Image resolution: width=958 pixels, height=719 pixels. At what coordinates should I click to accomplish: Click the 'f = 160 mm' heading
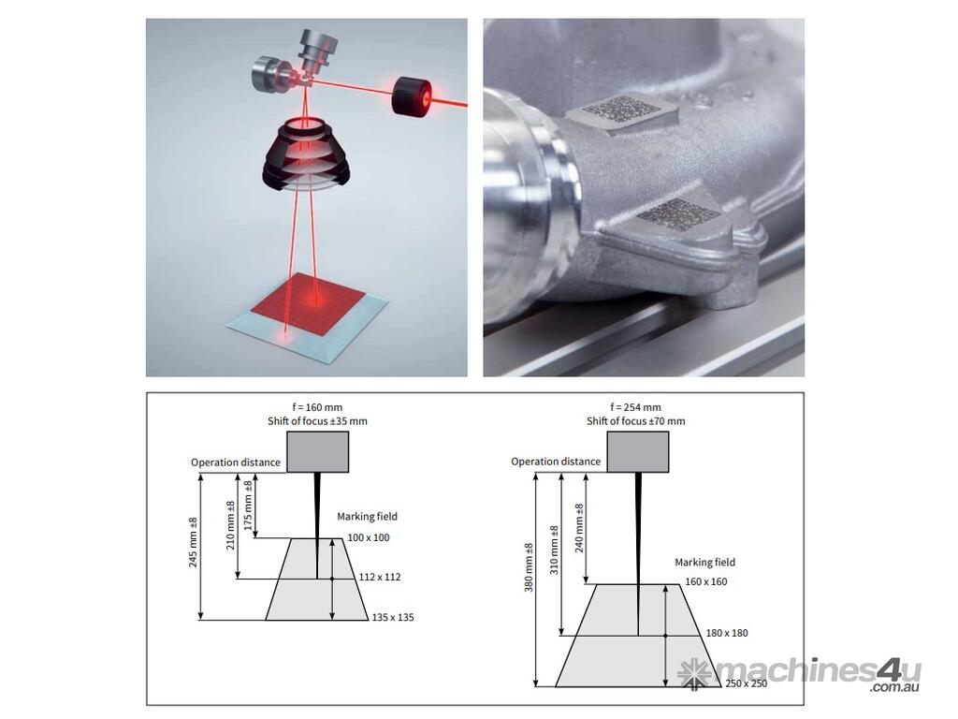pos(317,407)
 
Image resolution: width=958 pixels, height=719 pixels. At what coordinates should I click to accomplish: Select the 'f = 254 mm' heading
pos(635,407)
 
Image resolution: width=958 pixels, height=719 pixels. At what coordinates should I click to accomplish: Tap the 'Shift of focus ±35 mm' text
pos(317,420)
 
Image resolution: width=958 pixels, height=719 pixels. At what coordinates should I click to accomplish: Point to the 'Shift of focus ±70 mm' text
pos(635,420)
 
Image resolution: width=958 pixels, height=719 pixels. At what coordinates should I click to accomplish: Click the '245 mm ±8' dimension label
pos(193,542)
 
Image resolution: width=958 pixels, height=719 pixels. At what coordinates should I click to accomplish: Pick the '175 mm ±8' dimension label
pos(248,505)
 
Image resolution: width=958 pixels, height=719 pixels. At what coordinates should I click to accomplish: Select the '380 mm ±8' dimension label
pos(530,567)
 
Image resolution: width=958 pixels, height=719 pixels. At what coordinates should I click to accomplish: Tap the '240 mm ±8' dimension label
pos(579,528)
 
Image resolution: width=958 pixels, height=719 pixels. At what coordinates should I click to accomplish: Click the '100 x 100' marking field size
pos(369,537)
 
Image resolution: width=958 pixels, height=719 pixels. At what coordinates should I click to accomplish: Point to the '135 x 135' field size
pos(393,618)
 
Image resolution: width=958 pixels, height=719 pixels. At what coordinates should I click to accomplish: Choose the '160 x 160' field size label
pos(706,581)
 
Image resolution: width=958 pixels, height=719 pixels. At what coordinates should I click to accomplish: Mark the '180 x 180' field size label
pos(727,633)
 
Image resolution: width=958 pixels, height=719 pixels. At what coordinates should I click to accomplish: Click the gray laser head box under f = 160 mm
pos(318,452)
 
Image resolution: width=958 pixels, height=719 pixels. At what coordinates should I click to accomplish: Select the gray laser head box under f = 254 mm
pos(638,452)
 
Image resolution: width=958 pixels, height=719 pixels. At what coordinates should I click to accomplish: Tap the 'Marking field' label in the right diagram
pos(705,562)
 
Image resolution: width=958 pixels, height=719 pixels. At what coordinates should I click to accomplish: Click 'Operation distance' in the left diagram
pos(236,462)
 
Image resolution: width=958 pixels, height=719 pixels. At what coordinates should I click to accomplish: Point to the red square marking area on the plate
pos(308,301)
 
